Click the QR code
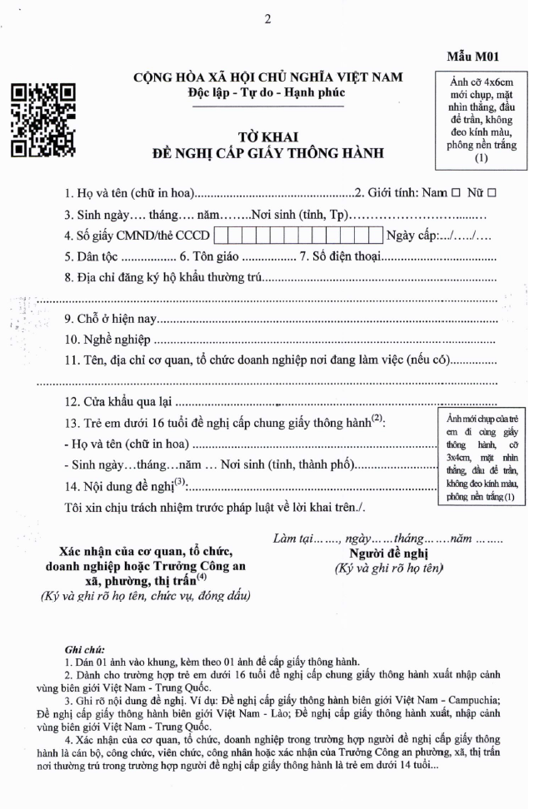tap(42, 122)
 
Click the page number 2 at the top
tap(267, 19)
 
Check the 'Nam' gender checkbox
tap(455, 193)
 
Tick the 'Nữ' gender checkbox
tap(492, 193)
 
